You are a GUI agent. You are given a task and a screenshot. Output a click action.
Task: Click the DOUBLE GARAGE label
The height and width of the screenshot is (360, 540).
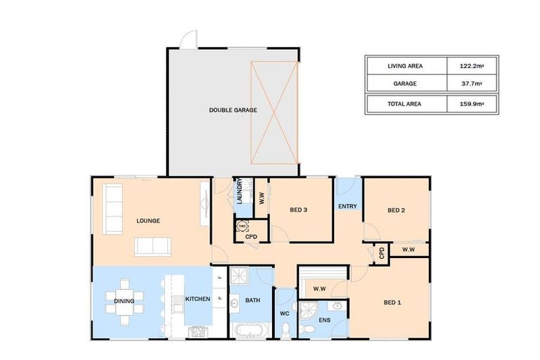click(233, 110)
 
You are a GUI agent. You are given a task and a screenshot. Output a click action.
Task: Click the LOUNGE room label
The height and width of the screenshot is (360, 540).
click(148, 221)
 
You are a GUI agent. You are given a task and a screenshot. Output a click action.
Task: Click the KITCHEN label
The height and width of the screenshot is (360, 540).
click(198, 300)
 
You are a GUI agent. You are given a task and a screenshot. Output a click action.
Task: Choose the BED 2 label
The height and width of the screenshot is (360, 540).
click(397, 210)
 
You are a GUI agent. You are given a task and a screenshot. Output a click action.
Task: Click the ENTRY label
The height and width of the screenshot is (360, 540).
click(347, 206)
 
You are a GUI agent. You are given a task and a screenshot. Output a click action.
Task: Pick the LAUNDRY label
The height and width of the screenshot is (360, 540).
click(239, 191)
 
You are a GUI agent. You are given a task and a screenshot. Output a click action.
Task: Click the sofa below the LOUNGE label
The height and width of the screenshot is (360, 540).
click(153, 245)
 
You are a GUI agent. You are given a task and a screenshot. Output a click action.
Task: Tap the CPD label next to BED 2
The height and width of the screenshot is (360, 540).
click(381, 252)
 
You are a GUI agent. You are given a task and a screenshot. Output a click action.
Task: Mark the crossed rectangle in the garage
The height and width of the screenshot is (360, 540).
click(275, 111)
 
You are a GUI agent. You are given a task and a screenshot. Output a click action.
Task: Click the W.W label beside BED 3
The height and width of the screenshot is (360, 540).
click(261, 198)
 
